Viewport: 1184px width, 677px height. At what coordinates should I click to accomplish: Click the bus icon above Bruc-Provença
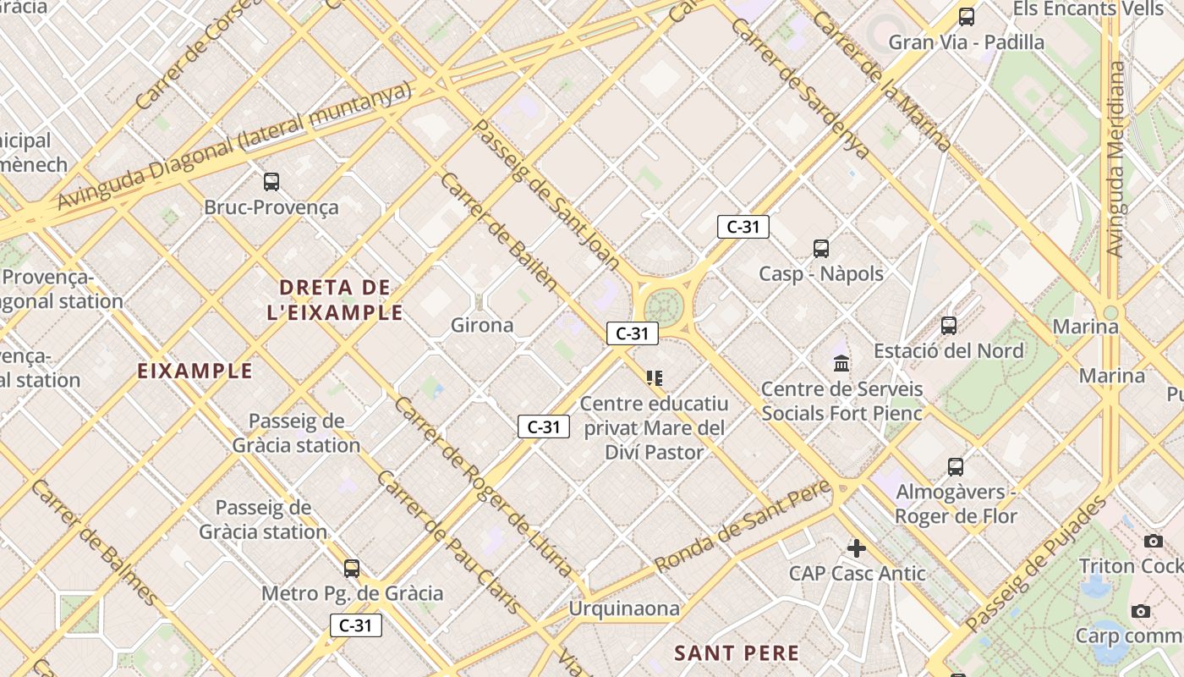[271, 181]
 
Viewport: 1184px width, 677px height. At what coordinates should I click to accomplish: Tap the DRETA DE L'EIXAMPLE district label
[335, 300]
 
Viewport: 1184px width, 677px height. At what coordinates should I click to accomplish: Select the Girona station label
[482, 325]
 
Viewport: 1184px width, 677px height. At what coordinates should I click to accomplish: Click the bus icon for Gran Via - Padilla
[966, 17]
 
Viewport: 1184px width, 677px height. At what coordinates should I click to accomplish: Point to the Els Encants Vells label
[1088, 9]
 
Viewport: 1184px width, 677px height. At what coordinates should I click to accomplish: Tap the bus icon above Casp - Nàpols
[821, 249]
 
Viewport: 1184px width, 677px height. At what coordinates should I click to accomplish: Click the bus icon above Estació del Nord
[949, 326]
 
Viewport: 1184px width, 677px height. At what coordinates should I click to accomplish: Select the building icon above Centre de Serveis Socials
[841, 364]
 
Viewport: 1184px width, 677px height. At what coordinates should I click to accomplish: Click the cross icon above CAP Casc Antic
[857, 548]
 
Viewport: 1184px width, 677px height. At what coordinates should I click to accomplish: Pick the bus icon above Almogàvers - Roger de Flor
[956, 466]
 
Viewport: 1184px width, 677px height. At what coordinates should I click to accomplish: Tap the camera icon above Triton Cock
[1153, 541]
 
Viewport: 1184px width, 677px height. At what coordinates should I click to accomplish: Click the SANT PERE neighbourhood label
[737, 652]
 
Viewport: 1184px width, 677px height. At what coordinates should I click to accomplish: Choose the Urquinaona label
[624, 608]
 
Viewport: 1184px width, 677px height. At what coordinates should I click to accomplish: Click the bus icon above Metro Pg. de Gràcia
[352, 568]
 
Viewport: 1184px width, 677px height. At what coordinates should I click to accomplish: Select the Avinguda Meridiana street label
[1117, 158]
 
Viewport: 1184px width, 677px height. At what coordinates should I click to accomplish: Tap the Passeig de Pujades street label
[1036, 564]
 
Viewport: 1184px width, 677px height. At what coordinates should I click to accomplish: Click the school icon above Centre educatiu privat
[654, 377]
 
